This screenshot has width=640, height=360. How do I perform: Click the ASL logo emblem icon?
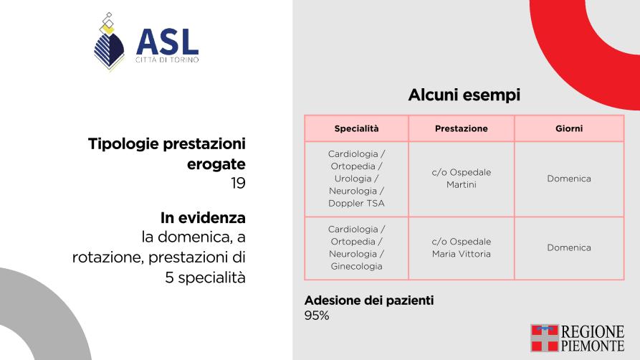click(109, 42)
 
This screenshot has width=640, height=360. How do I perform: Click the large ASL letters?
click(168, 42)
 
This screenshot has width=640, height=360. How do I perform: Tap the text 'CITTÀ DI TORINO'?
click(168, 60)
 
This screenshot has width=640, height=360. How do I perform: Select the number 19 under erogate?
click(238, 183)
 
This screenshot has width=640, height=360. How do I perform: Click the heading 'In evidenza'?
click(203, 218)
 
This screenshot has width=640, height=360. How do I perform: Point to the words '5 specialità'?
click(205, 278)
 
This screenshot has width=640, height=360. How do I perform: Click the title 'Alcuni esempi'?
click(464, 95)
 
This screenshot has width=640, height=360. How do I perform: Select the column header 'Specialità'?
click(356, 128)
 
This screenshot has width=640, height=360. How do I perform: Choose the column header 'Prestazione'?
click(462, 128)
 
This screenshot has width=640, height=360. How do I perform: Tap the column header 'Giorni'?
click(569, 128)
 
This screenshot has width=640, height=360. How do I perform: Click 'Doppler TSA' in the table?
click(356, 203)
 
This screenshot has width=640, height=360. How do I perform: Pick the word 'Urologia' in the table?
click(353, 179)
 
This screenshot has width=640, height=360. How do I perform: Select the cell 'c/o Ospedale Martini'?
click(462, 179)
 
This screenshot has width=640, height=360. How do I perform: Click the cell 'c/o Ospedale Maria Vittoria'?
click(462, 247)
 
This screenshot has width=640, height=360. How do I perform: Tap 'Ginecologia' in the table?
click(356, 267)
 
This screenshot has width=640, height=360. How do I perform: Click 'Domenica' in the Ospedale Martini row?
click(569, 179)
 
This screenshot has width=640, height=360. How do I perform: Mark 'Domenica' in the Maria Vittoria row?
click(569, 247)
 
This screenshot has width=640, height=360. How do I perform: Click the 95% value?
click(317, 316)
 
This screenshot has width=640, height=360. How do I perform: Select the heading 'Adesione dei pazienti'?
click(369, 300)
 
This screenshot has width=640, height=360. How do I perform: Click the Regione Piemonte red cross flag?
click(545, 338)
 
